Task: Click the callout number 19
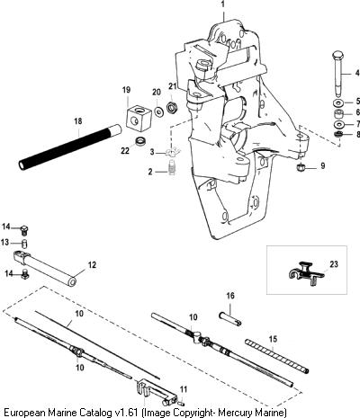point(127,90)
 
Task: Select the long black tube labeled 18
point(70,147)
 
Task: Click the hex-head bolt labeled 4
point(337,74)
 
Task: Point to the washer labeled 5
point(338,103)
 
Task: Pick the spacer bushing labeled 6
point(339,114)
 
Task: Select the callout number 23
point(334,264)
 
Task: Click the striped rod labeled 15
point(277,356)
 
